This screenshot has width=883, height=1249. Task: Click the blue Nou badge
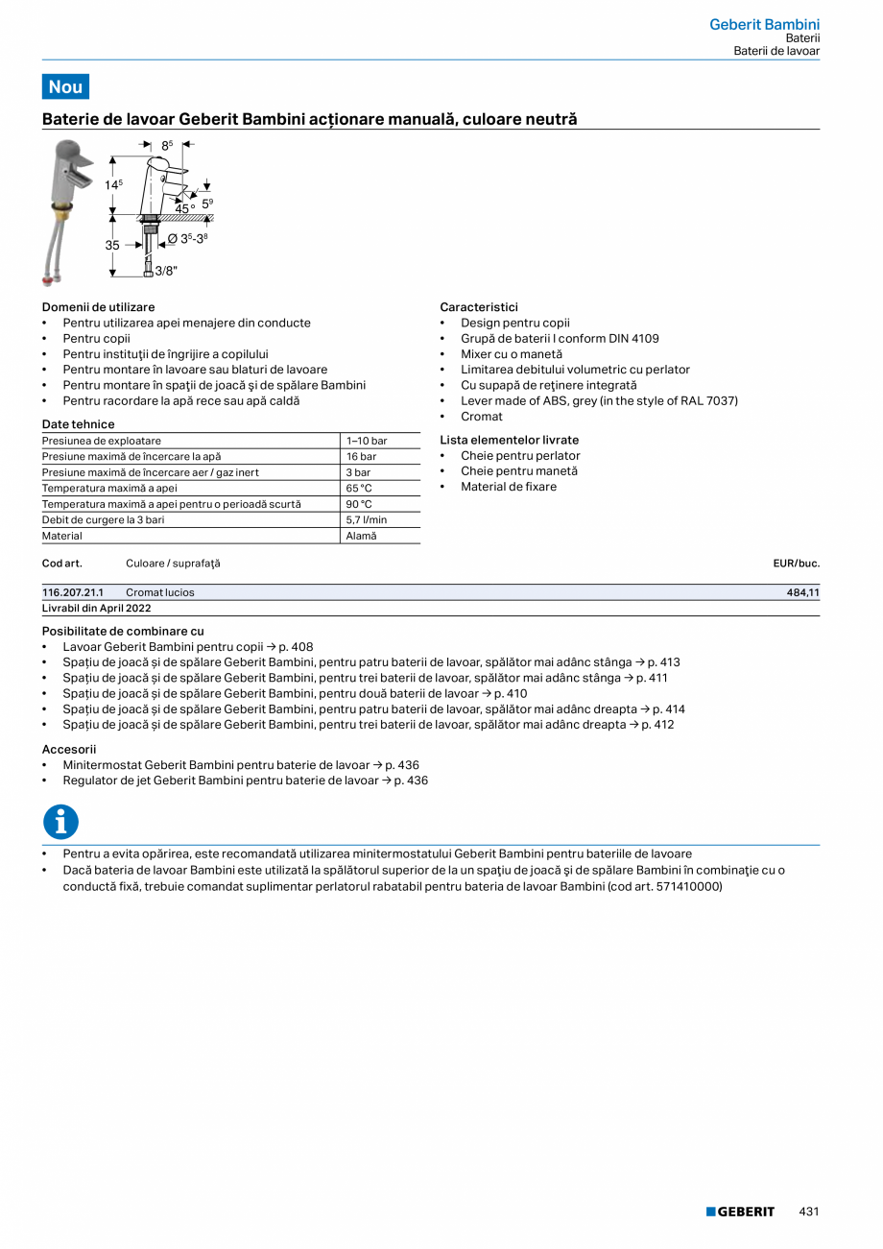65,86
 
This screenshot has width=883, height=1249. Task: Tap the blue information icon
60,822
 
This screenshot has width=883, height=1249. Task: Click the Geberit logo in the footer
740,1212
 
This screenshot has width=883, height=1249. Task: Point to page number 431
809,1212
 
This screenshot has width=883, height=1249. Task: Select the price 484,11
802,592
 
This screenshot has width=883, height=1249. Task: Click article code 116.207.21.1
73,592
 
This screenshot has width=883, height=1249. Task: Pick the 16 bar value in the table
362,457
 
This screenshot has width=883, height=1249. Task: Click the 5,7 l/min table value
367,519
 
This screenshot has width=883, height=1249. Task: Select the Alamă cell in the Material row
362,536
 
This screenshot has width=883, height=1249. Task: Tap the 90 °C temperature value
360,504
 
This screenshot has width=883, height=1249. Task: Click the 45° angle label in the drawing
184,208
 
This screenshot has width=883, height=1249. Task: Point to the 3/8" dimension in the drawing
166,271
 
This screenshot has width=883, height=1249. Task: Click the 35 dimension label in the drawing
112,246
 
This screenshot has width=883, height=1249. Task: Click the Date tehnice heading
78,424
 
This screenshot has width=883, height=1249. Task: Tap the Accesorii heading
69,749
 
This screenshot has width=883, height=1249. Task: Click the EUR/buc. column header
796,564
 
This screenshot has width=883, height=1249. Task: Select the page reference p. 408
296,647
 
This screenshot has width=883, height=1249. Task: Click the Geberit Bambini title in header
764,24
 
